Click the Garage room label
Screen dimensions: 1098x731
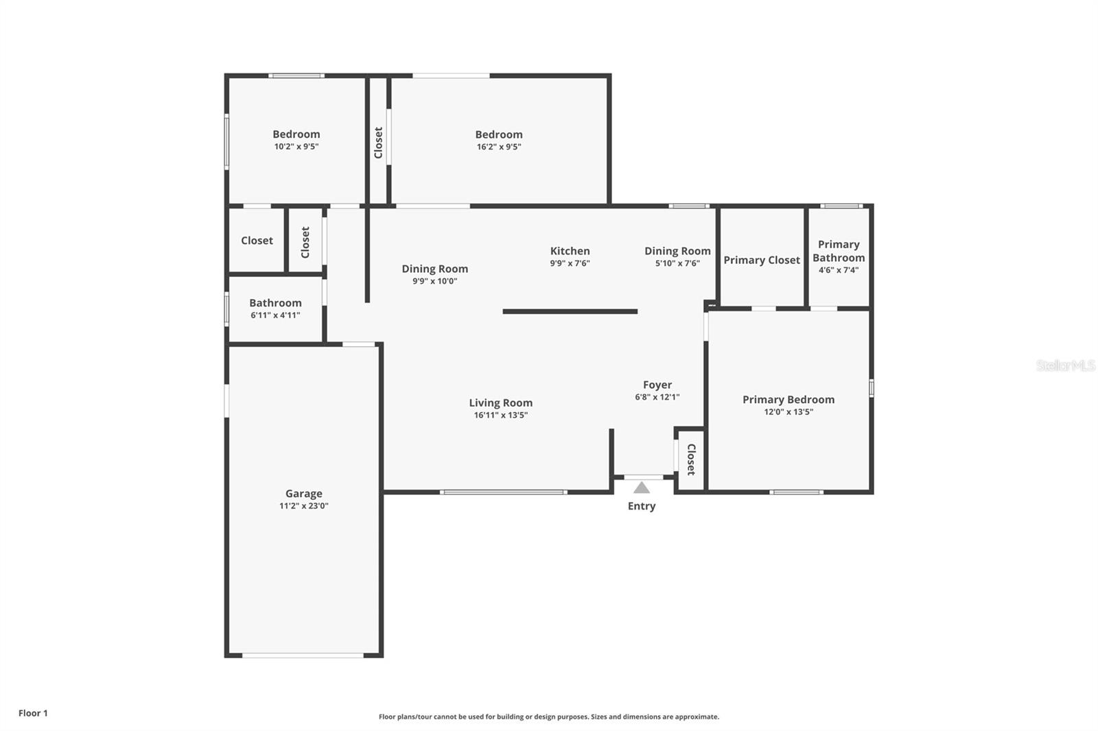pyautogui.click(x=304, y=493)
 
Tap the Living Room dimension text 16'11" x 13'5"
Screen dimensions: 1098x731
pyautogui.click(x=500, y=415)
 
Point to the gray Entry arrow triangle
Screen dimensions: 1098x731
pyautogui.click(x=641, y=488)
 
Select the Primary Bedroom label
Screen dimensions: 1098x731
pyautogui.click(x=789, y=400)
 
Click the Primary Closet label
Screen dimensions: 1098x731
pyautogui.click(x=762, y=260)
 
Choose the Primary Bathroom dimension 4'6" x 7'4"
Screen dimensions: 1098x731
pyautogui.click(x=839, y=270)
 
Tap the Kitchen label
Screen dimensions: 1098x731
pyautogui.click(x=570, y=251)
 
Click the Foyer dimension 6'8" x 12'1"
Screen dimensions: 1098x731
pyautogui.click(x=657, y=397)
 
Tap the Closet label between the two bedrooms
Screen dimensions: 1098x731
pyautogui.click(x=378, y=143)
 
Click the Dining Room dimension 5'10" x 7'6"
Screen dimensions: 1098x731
pyautogui.click(x=677, y=263)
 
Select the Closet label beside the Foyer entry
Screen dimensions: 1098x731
pyautogui.click(x=691, y=459)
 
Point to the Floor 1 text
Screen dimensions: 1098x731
pyautogui.click(x=34, y=713)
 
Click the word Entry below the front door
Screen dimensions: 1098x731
pyautogui.click(x=642, y=506)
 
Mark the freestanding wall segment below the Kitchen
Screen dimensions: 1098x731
pyautogui.click(x=570, y=311)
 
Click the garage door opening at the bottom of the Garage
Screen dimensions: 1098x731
pyautogui.click(x=303, y=655)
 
